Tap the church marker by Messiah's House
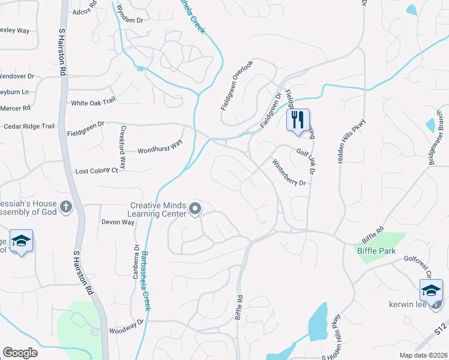click(x=66, y=208)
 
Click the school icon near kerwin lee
click(x=430, y=291)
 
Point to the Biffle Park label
click(x=376, y=251)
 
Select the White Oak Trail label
click(x=92, y=103)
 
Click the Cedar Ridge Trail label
click(x=29, y=126)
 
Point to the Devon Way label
click(x=118, y=222)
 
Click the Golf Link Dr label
click(x=307, y=159)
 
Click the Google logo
click(x=20, y=353)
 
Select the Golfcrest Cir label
click(x=419, y=266)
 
